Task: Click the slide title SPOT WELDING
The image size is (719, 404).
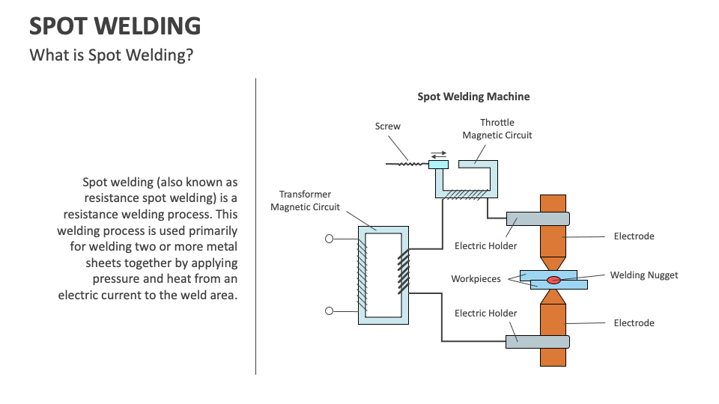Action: tap(115, 26)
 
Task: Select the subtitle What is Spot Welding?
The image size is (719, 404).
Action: tap(111, 55)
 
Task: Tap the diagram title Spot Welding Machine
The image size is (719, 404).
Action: tap(473, 97)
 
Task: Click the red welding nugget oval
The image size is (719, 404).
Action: tap(553, 280)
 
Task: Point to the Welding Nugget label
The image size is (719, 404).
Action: tap(643, 275)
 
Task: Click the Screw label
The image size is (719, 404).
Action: tap(388, 126)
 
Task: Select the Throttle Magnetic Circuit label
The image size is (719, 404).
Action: tap(497, 129)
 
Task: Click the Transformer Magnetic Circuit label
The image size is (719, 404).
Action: tap(305, 201)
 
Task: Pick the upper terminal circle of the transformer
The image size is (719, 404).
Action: tap(329, 239)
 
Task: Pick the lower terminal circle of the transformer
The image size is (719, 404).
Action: tap(329, 311)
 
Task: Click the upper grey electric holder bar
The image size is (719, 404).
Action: tap(538, 219)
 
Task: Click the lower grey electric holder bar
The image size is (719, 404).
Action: tap(538, 341)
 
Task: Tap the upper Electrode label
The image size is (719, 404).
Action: tap(634, 236)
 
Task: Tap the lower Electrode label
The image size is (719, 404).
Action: tap(634, 323)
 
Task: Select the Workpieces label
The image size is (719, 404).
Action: tap(476, 279)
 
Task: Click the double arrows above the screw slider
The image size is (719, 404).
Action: tap(438, 155)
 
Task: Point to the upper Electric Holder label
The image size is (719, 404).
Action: tap(486, 246)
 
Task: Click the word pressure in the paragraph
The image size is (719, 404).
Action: tap(119, 279)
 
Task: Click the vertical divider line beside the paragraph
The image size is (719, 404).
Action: tap(256, 224)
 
